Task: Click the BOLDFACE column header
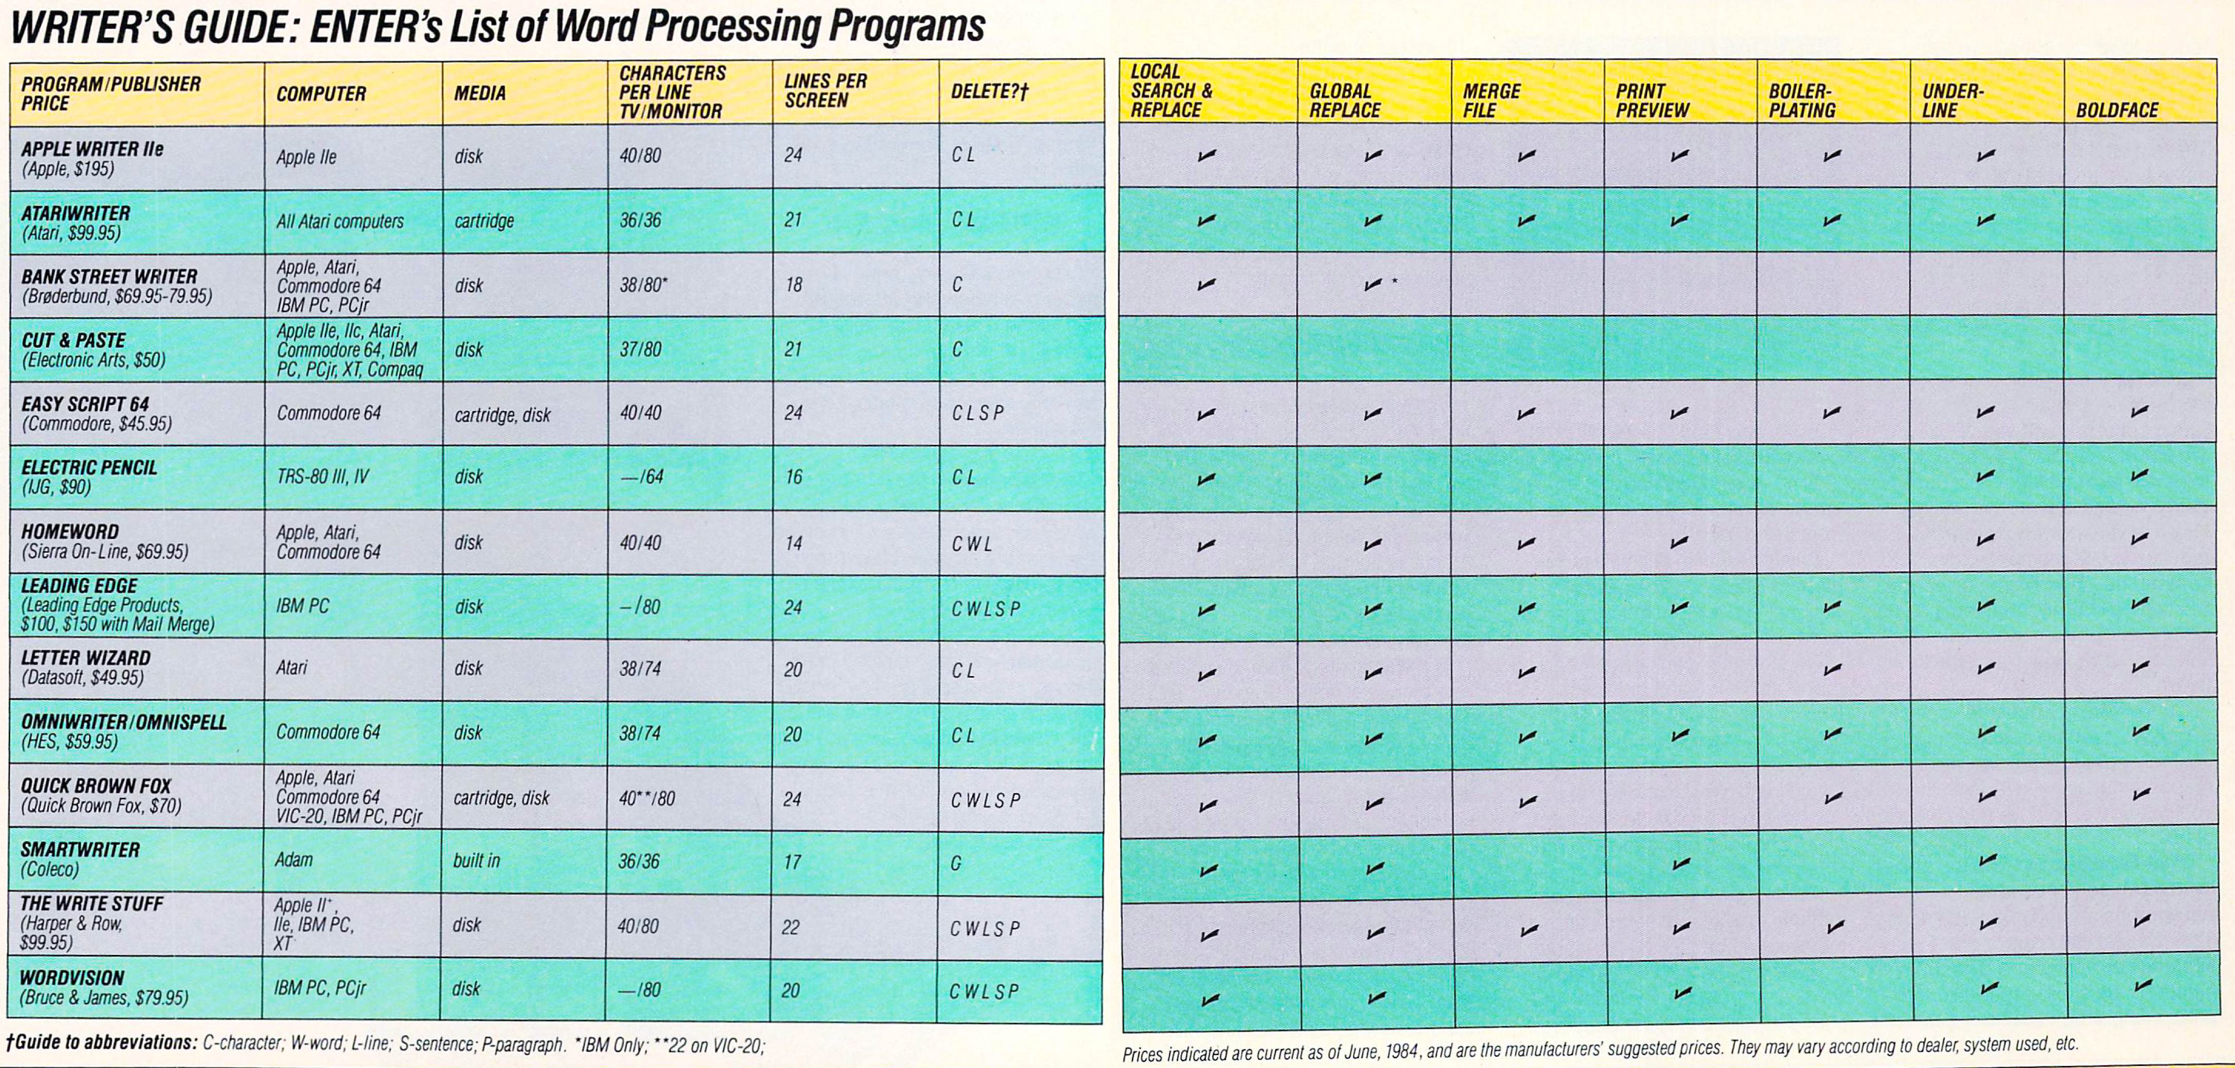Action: (2116, 110)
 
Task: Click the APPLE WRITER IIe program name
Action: (92, 148)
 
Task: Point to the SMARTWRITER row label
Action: (80, 849)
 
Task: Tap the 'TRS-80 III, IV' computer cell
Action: (323, 476)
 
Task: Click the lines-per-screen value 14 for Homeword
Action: (793, 543)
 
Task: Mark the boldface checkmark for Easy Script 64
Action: (2139, 411)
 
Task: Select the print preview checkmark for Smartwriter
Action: (1681, 863)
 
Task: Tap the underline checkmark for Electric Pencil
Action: (1986, 476)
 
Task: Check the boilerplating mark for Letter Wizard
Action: (1832, 670)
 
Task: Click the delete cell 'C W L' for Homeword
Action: (971, 544)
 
